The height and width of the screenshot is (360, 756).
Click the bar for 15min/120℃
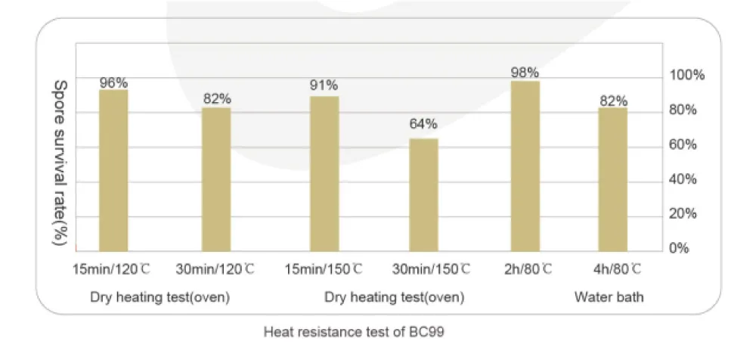(113, 171)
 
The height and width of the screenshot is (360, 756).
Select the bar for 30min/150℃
(423, 194)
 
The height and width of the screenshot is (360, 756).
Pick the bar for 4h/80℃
(613, 179)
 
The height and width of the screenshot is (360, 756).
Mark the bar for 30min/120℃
(216, 179)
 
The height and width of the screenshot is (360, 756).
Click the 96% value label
(113, 83)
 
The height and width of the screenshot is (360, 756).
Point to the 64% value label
(423, 125)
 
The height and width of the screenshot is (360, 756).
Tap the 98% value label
(525, 73)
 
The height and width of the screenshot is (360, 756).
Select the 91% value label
(324, 85)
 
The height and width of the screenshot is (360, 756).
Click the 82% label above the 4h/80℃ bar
(613, 101)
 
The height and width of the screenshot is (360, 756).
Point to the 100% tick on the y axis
(687, 76)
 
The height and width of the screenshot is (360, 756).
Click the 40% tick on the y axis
(687, 179)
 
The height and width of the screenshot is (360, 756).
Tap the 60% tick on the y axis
(687, 145)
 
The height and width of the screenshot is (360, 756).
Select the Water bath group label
(609, 297)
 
